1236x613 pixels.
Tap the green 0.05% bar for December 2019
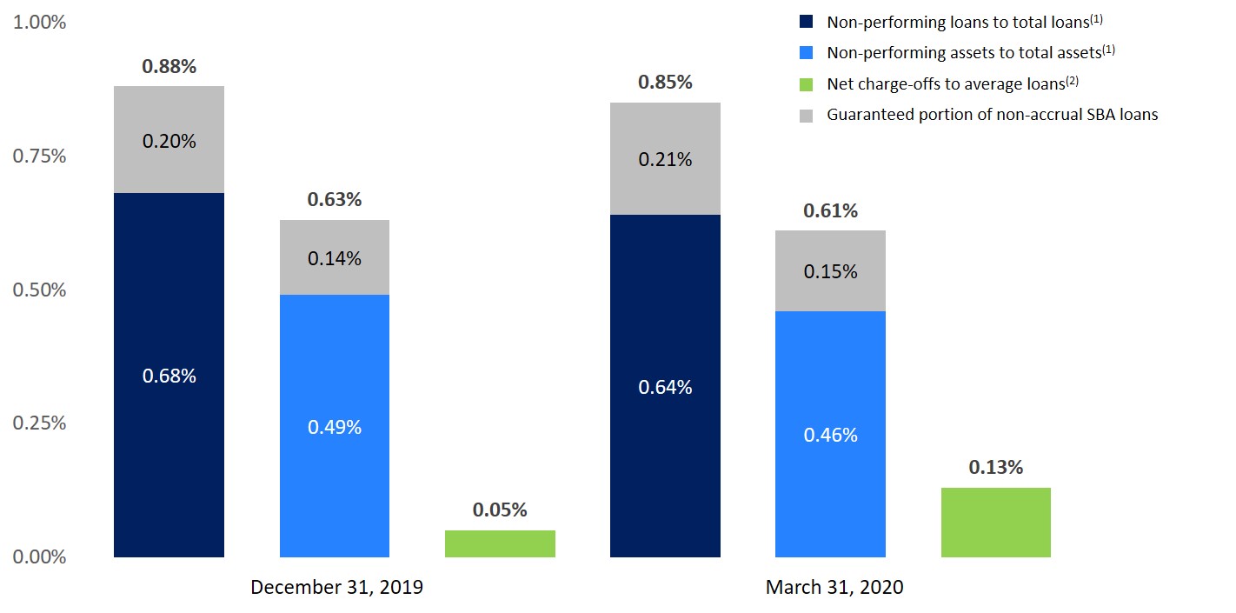click(x=500, y=543)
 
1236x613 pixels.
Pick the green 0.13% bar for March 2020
click(x=995, y=522)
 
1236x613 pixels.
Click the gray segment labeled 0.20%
click(x=169, y=140)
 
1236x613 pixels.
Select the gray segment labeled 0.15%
click(x=830, y=271)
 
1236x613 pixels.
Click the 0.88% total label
click(x=169, y=67)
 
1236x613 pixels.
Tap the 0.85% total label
click(x=665, y=83)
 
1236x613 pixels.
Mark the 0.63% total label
click(x=334, y=200)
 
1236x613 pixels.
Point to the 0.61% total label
click(x=830, y=210)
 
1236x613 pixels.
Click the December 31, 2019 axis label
click(x=336, y=587)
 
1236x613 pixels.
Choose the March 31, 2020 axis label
click(x=834, y=587)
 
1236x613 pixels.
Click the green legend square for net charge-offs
click(x=806, y=84)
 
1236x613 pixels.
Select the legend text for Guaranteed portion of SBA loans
click(x=992, y=114)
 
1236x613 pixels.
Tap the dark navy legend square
click(x=806, y=23)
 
